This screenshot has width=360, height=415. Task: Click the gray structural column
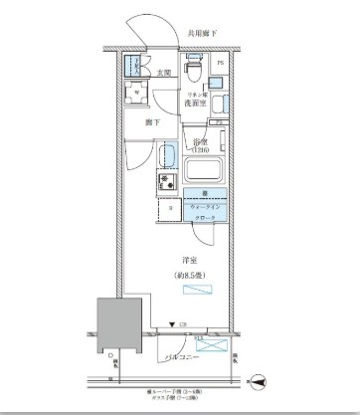pyautogui.click(x=113, y=326)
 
